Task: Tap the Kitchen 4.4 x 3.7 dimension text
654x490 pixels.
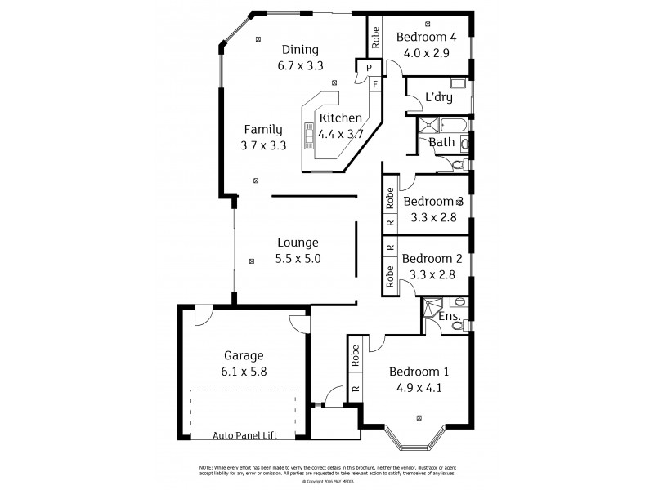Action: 340,134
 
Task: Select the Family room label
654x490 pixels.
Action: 263,129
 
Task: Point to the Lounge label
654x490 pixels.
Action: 298,243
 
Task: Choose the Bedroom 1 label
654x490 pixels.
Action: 419,372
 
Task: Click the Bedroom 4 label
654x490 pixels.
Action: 426,37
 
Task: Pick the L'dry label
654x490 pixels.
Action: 438,98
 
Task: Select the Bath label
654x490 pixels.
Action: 441,142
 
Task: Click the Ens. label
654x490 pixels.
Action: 450,316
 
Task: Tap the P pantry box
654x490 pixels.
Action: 370,67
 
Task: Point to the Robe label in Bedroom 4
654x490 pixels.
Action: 376,35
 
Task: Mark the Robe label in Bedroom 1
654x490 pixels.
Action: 356,354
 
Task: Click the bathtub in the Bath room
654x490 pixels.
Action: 452,126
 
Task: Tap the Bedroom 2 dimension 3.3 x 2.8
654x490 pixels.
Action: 432,275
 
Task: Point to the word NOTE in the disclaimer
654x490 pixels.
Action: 206,466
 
